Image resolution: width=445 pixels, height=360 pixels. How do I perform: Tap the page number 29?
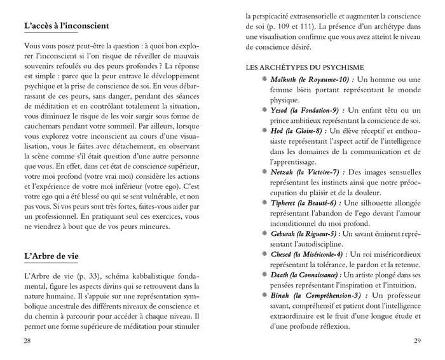click(x=417, y=341)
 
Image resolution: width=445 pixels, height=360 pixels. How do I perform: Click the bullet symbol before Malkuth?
click(x=263, y=79)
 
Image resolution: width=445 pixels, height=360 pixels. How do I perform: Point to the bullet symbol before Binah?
click(x=263, y=296)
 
